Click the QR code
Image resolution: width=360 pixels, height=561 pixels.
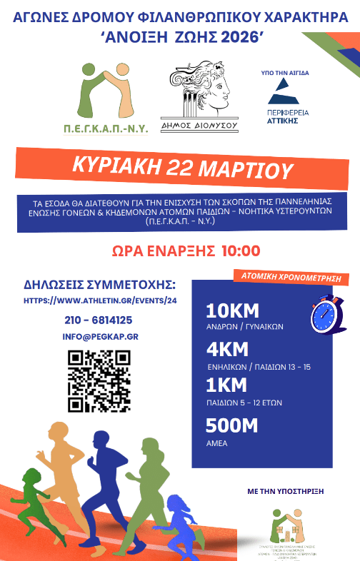[x=99, y=381]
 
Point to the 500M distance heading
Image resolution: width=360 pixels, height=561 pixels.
[x=231, y=425]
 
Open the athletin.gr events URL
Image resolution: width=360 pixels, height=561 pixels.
[x=99, y=301]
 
